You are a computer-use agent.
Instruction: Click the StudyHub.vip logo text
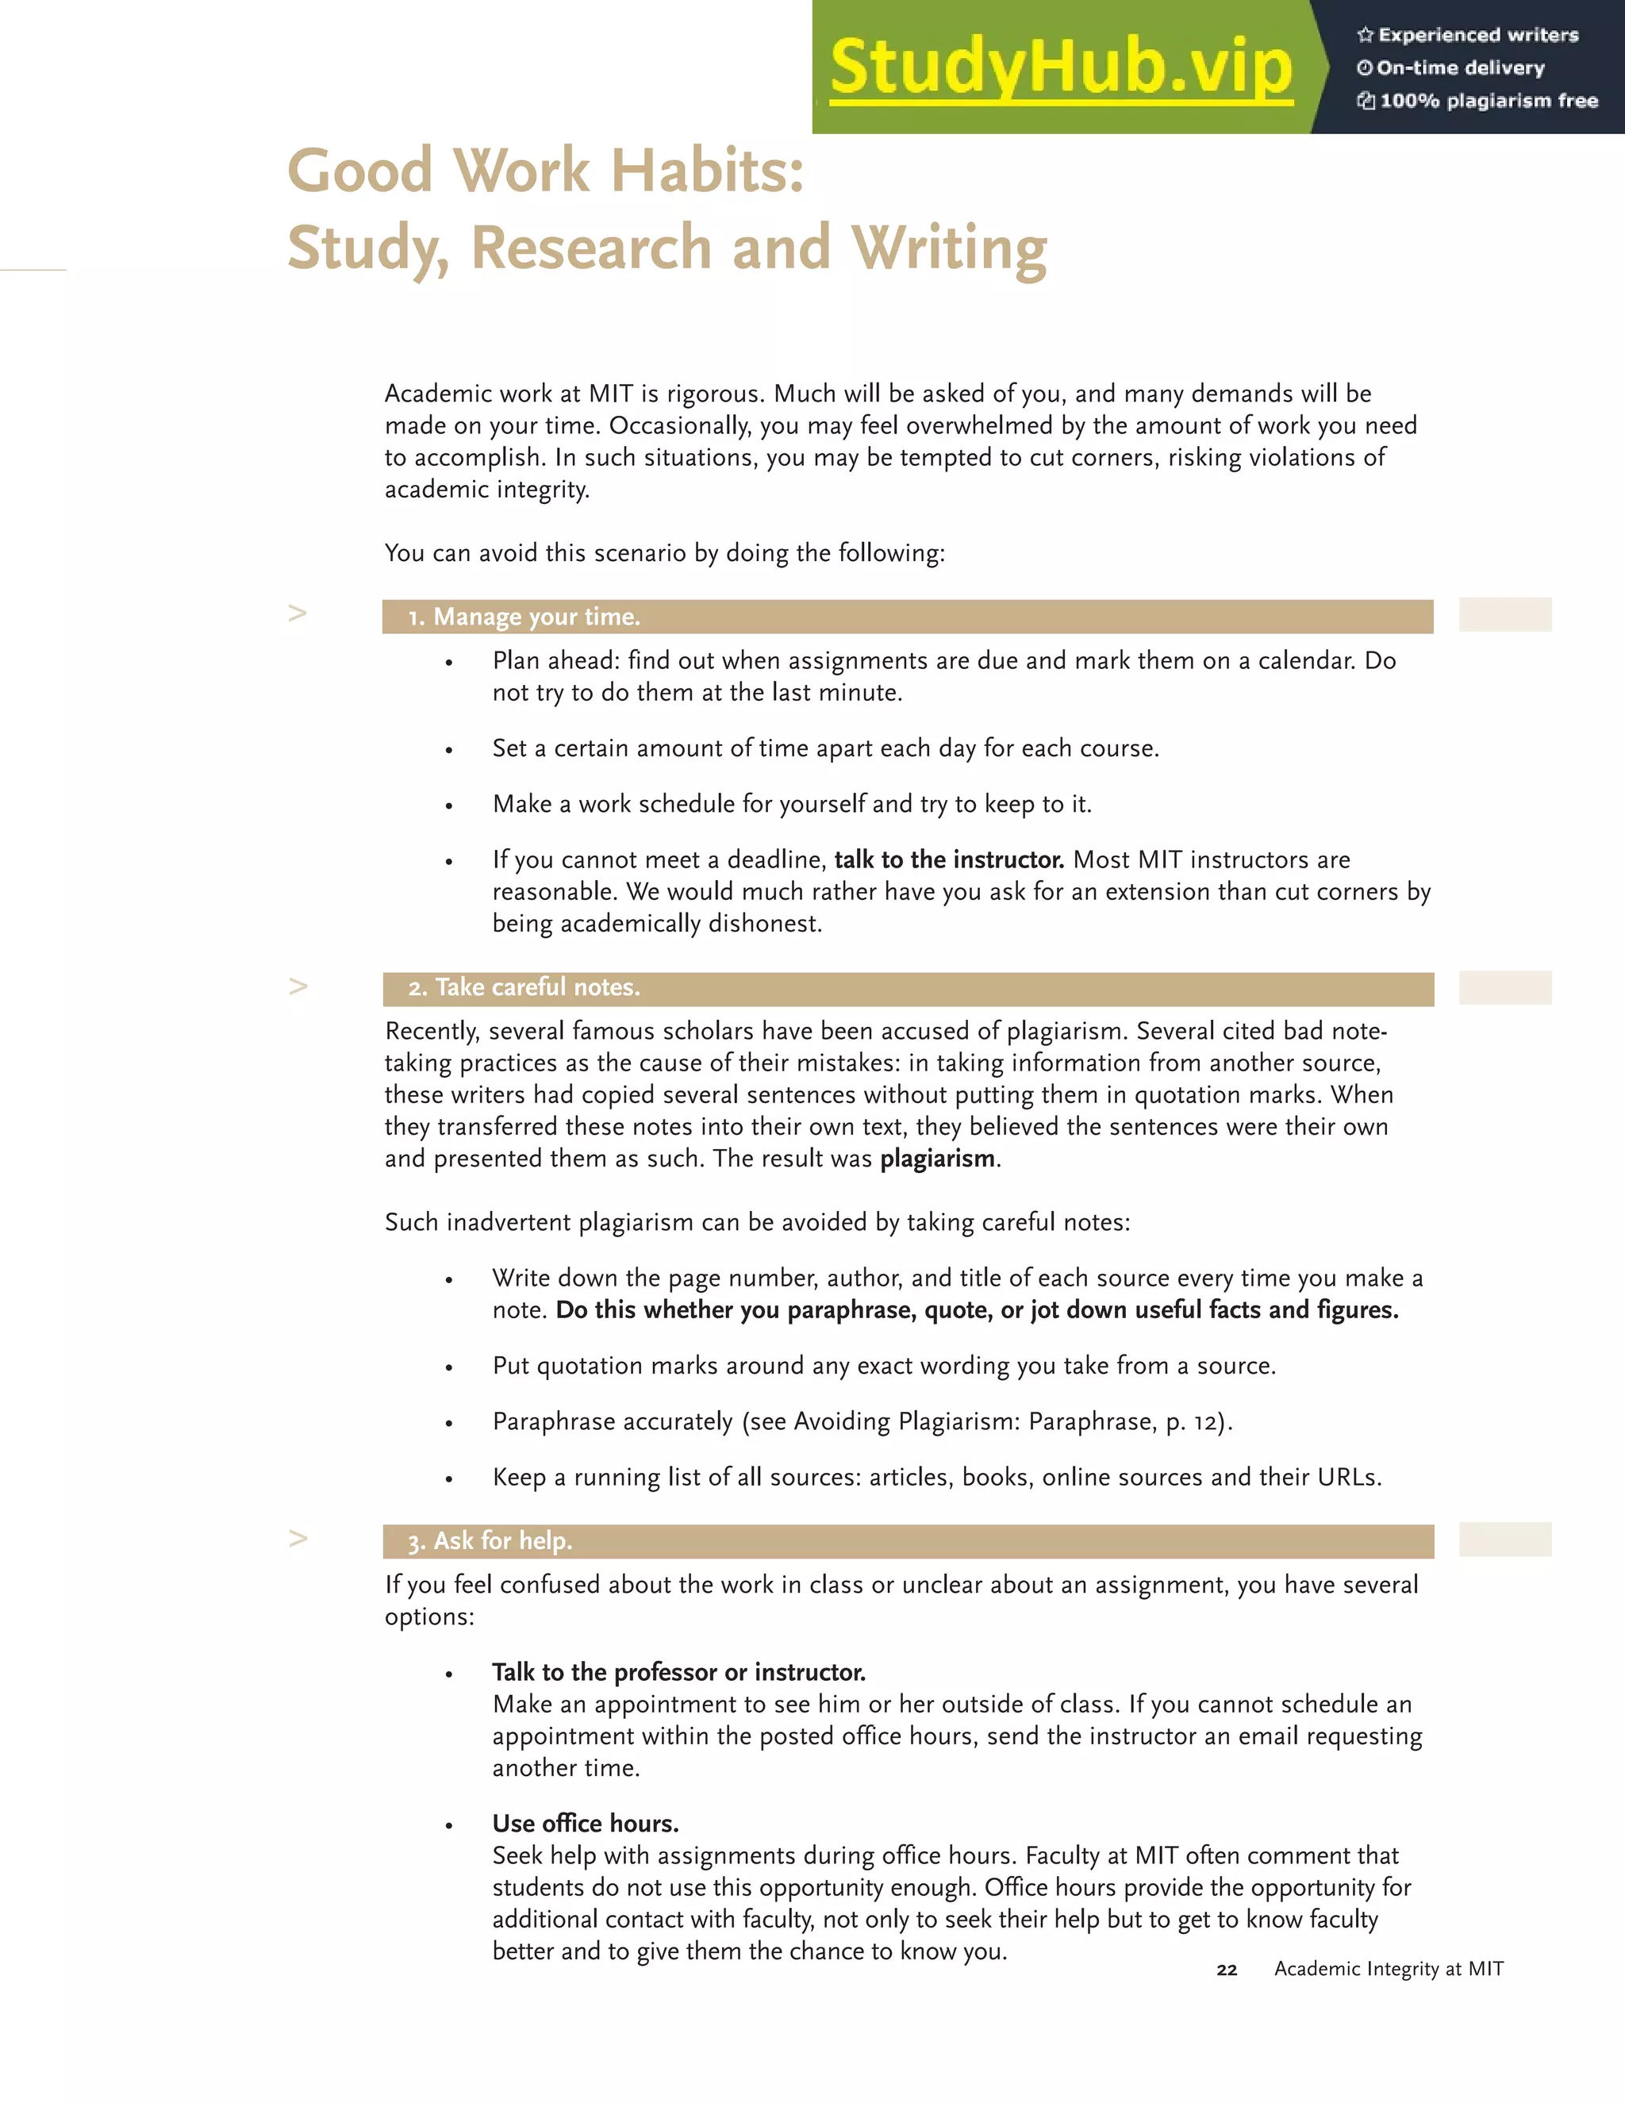tap(1060, 67)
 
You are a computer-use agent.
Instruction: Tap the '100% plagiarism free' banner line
tap(1477, 100)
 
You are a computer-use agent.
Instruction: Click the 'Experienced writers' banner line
tap(1468, 35)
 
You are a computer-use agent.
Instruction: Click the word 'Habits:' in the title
tap(708, 171)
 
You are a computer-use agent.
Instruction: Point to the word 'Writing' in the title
tap(949, 248)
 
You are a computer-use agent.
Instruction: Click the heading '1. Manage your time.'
tap(524, 617)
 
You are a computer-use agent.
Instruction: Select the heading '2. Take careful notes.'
tap(524, 987)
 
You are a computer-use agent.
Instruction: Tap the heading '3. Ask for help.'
tap(490, 1540)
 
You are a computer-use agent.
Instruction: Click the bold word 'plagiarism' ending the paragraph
tap(937, 1159)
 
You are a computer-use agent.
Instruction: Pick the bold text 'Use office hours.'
tap(586, 1823)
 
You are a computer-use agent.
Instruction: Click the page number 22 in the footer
tap(1227, 1970)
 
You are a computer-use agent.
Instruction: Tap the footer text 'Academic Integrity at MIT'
tap(1389, 1969)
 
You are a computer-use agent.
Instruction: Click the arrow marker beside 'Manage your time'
tap(298, 613)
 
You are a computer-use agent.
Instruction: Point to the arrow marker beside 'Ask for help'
tap(298, 1538)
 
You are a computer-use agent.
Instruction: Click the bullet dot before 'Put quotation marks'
tap(448, 1368)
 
